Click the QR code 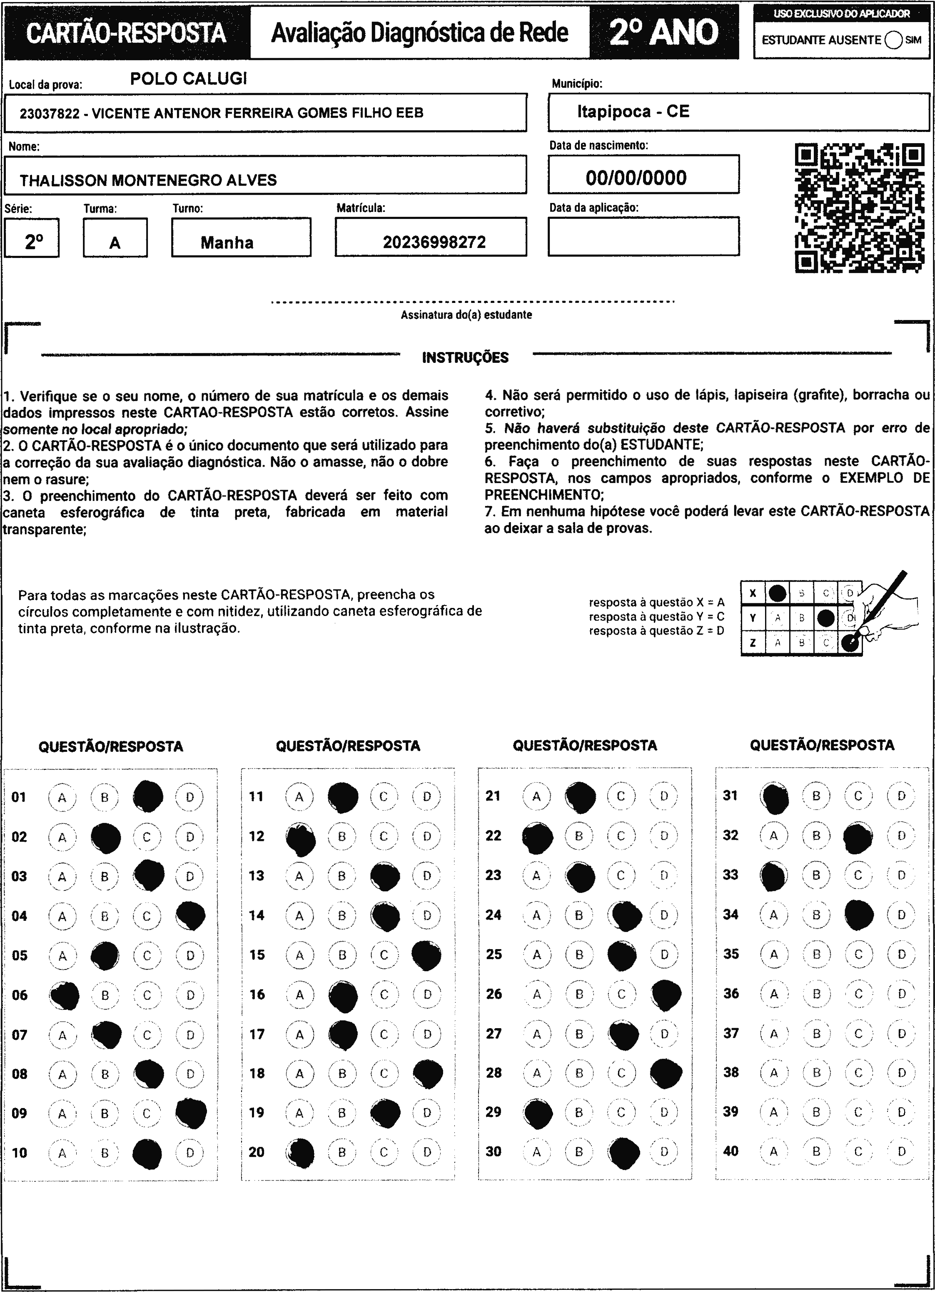[x=860, y=208]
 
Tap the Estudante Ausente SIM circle [x=893, y=40]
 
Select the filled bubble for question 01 [x=148, y=797]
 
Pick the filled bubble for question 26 [x=666, y=994]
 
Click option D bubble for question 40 [x=901, y=1151]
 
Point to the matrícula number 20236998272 [x=434, y=243]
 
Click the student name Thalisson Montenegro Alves [x=148, y=181]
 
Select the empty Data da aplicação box [x=643, y=236]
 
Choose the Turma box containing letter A [x=115, y=238]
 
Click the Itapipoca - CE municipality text [x=633, y=112]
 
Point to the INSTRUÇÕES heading [x=465, y=358]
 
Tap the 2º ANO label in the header [x=664, y=32]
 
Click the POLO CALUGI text [x=189, y=79]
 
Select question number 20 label [x=257, y=1152]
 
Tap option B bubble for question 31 [x=816, y=796]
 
